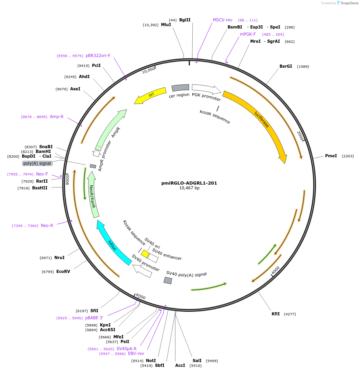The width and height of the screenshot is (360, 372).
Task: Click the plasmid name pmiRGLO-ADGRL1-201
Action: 189,183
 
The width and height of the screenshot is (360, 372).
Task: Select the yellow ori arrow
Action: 150,95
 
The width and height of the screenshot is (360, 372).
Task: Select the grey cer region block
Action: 180,88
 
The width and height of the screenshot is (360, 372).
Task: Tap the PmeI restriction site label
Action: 331,156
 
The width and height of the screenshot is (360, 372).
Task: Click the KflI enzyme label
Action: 276,314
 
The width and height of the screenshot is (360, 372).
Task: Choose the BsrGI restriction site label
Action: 285,66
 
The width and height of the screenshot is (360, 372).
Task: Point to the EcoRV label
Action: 63,271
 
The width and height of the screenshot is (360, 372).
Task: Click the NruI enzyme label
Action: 59,258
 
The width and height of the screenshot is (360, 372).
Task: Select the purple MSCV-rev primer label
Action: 222,20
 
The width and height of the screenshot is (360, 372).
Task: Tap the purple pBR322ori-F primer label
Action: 98,55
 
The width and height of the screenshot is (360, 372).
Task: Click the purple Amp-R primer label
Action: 57,116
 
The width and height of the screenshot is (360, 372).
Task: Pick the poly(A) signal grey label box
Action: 37,163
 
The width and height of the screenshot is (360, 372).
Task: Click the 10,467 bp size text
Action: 189,188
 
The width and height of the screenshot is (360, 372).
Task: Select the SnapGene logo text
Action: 349,3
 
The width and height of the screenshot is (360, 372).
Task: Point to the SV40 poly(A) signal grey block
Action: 168,280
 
